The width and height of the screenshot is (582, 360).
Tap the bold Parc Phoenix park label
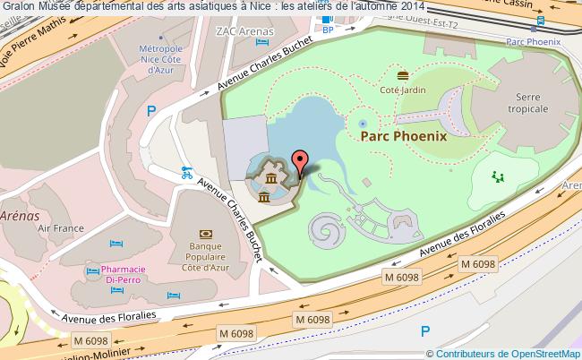[403, 136]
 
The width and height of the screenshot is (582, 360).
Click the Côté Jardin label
[402, 90]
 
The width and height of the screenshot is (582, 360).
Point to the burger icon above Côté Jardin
[402, 74]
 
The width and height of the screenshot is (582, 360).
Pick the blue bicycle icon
[186, 173]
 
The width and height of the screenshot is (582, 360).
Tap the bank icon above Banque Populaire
[205, 220]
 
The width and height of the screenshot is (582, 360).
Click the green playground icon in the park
[498, 176]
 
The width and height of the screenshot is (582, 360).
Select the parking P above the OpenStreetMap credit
[424, 331]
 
